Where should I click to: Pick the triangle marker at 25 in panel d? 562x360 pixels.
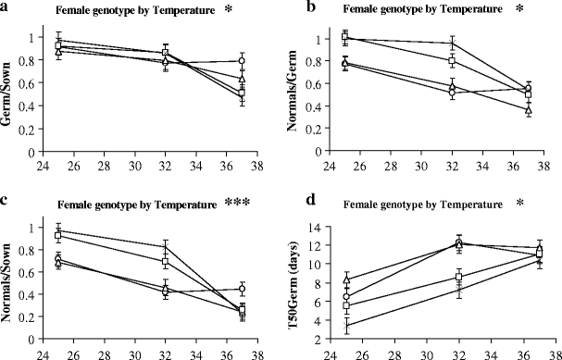click(x=346, y=279)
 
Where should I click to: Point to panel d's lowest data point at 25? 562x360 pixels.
click(x=346, y=325)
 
